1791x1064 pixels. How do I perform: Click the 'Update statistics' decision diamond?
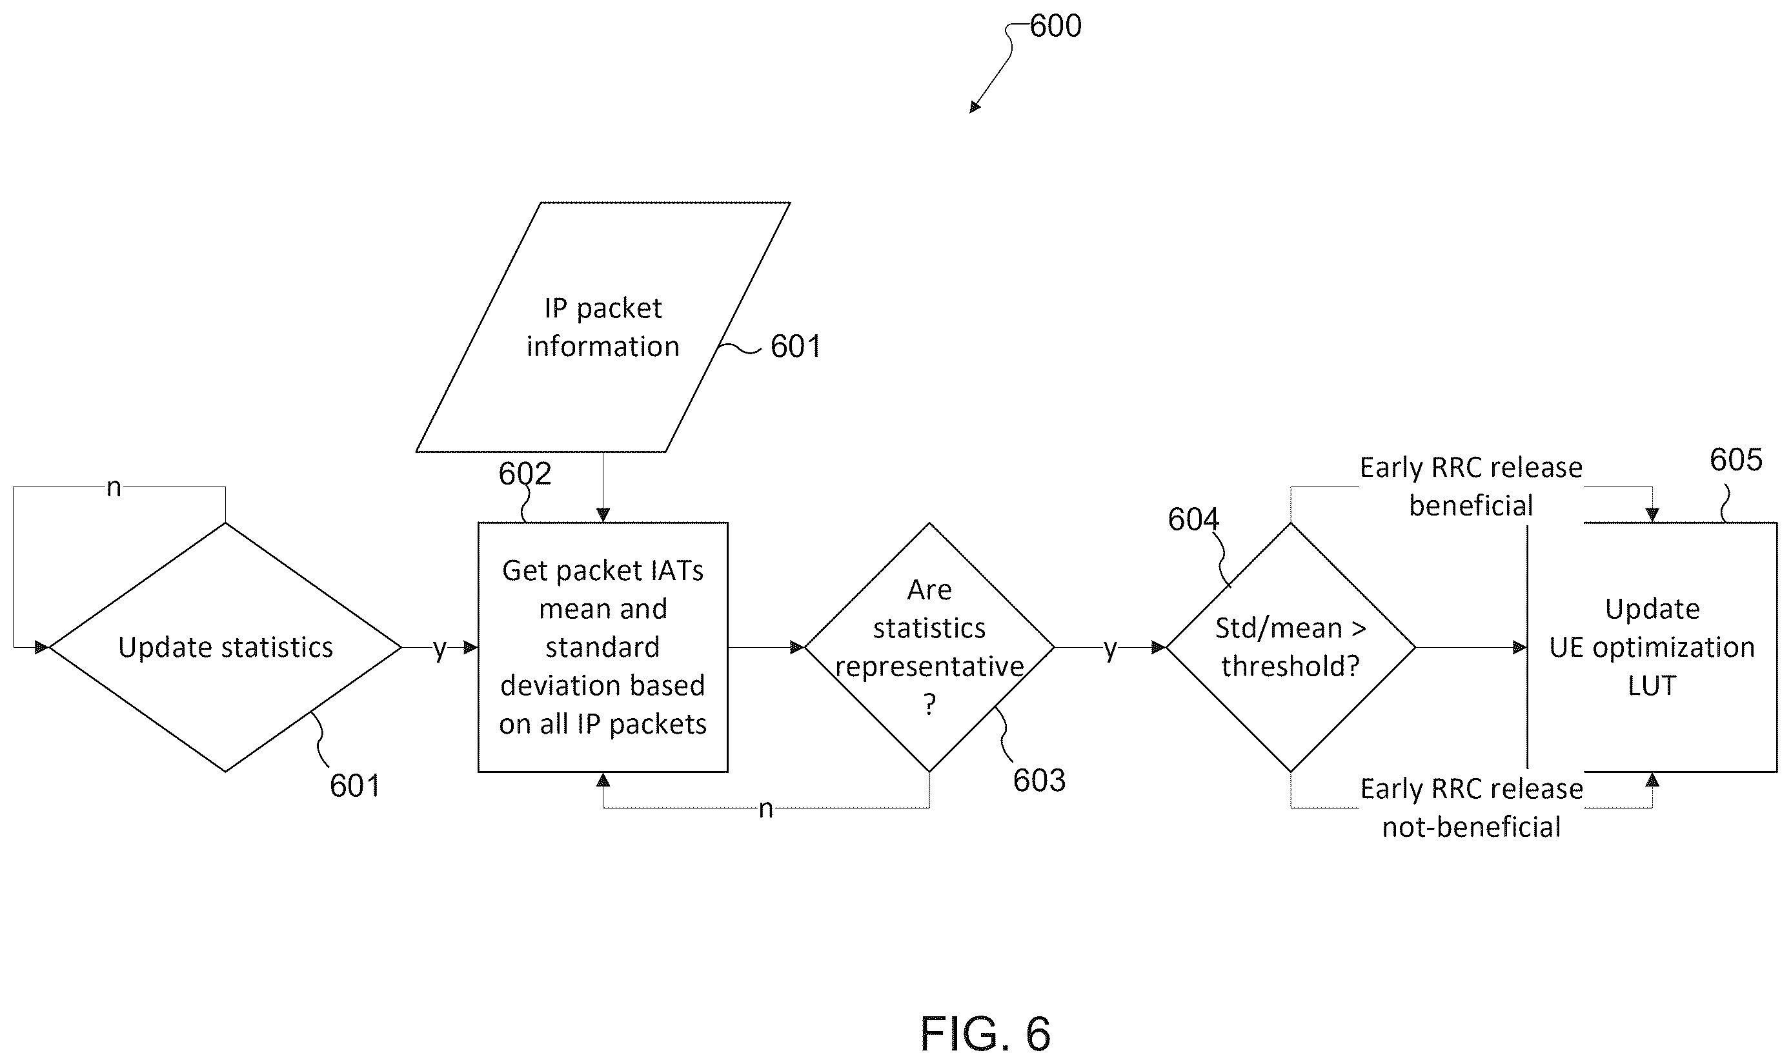pyautogui.click(x=225, y=647)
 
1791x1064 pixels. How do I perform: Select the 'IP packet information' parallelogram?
pyautogui.click(x=603, y=327)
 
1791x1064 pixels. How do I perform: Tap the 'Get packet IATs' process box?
pyautogui.click(x=603, y=647)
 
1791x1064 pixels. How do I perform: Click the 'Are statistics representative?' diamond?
pyautogui.click(x=929, y=647)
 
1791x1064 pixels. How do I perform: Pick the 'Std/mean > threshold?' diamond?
pyautogui.click(x=1291, y=647)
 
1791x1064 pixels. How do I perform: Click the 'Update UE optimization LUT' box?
pyautogui.click(x=1652, y=647)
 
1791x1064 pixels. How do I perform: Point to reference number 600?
pyautogui.click(x=1055, y=26)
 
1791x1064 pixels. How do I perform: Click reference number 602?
pyautogui.click(x=525, y=474)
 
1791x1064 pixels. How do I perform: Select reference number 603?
pyautogui.click(x=1039, y=781)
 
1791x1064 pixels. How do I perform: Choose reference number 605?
pyautogui.click(x=1735, y=460)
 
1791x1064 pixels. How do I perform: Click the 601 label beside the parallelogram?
pyautogui.click(x=796, y=347)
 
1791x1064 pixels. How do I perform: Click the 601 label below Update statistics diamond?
pyautogui.click(x=355, y=787)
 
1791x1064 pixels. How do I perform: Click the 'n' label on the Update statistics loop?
pyautogui.click(x=114, y=488)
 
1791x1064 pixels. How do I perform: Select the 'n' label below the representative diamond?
pyautogui.click(x=765, y=808)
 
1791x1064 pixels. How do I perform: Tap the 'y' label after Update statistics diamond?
pyautogui.click(x=440, y=650)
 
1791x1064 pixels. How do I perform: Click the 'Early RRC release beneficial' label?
pyautogui.click(x=1472, y=487)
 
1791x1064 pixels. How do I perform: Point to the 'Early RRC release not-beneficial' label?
pyautogui.click(x=1472, y=808)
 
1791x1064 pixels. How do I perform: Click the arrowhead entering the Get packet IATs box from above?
pyautogui.click(x=603, y=516)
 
